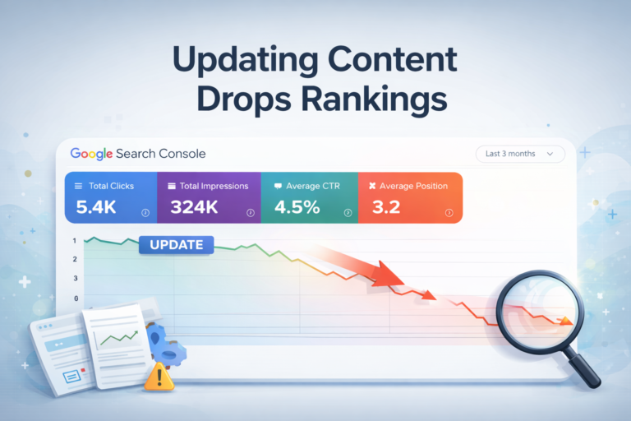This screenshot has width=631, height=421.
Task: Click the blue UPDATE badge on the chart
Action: coord(177,244)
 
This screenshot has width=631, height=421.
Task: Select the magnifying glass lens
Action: coord(534,313)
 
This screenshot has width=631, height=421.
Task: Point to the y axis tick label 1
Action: coord(75,241)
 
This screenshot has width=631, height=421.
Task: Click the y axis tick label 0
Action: coord(76,299)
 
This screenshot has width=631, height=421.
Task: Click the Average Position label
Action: coord(414,186)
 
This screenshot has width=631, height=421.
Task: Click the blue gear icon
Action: coord(169,345)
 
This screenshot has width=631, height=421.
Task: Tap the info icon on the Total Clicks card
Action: coord(145,212)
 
